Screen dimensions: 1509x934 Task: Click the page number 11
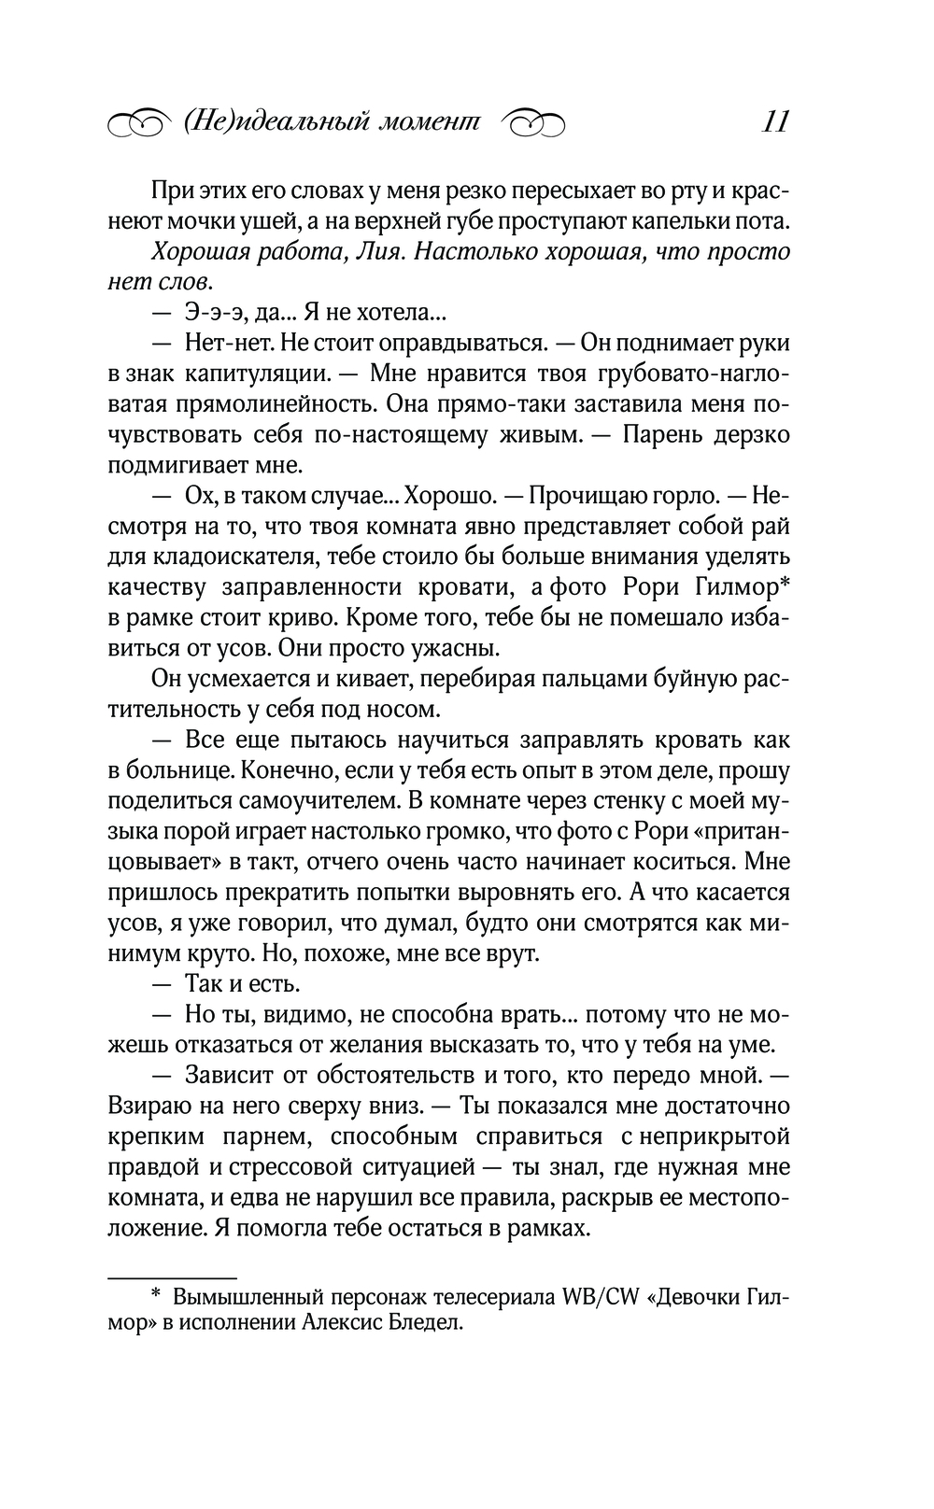(x=775, y=122)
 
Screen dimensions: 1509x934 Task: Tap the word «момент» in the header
(x=432, y=122)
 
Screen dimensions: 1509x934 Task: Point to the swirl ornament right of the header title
(x=533, y=123)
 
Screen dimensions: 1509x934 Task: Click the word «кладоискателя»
(x=214, y=557)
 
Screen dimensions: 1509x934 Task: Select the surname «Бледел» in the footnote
(x=428, y=1323)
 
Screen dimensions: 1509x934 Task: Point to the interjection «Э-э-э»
(x=214, y=313)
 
